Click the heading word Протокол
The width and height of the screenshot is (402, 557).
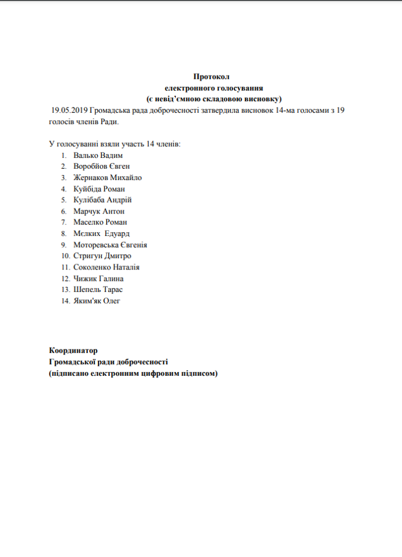(x=212, y=77)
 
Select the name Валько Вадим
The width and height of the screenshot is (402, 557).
(x=97, y=155)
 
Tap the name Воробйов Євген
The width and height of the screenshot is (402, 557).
(x=101, y=166)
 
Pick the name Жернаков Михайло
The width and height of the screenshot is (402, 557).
(x=107, y=177)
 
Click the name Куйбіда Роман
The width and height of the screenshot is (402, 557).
(x=99, y=189)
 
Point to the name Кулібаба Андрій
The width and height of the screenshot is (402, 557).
(x=102, y=200)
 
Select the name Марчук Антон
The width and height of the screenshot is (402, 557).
(x=99, y=211)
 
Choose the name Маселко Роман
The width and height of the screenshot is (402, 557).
(x=100, y=222)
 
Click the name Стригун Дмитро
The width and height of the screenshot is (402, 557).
(x=102, y=256)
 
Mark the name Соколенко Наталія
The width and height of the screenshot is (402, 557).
(x=106, y=267)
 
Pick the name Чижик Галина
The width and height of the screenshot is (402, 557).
(x=98, y=278)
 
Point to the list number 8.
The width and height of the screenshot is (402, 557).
(x=64, y=233)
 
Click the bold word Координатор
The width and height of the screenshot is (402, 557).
(x=73, y=351)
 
